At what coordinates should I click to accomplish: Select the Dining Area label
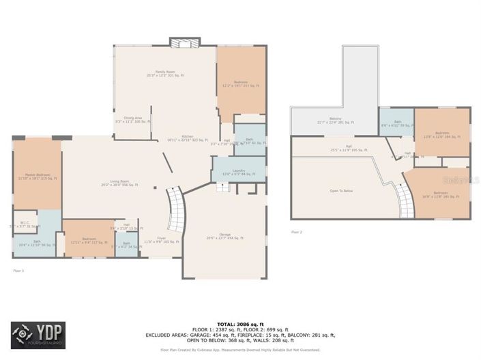(x=133, y=119)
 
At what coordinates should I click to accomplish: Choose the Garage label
(x=225, y=237)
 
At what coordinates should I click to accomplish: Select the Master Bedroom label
(x=36, y=177)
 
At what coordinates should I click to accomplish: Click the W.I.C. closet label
(x=25, y=224)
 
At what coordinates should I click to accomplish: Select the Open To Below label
(x=341, y=191)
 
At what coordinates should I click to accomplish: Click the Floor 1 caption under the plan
(x=18, y=271)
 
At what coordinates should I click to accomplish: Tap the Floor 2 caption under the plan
(x=297, y=232)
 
